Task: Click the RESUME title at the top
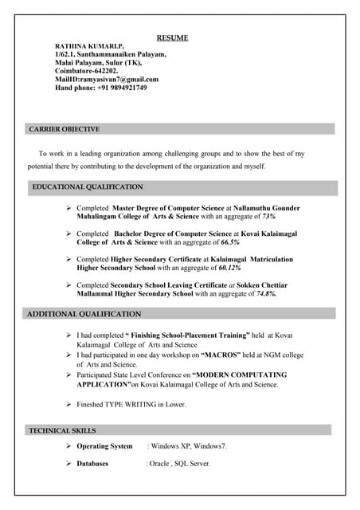click(172, 37)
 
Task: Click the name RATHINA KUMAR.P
click(89, 46)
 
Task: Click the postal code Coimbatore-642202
click(86, 71)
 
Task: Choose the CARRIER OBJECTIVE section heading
click(65, 129)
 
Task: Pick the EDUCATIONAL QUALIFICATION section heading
click(88, 187)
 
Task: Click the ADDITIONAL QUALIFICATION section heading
click(84, 314)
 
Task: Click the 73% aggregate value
click(268, 216)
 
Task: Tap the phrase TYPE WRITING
click(140, 404)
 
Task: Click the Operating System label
click(104, 446)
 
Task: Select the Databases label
click(92, 463)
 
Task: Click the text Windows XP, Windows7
click(188, 446)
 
